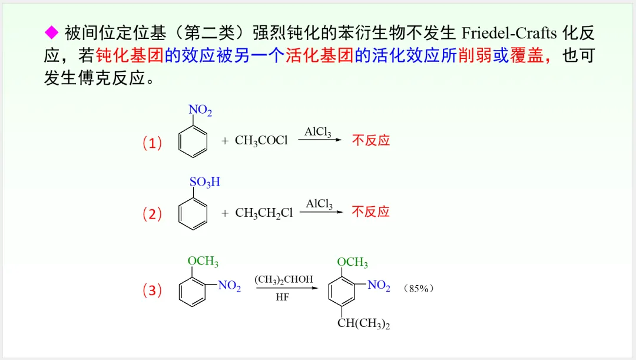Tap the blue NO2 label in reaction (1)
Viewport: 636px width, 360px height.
point(200,110)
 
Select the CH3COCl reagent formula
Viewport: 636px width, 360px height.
point(261,141)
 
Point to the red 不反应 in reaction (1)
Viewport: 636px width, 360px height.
point(371,140)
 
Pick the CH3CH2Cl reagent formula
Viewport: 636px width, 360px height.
point(264,213)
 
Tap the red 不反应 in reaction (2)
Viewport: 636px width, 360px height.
point(371,212)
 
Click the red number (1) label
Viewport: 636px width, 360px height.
point(152,143)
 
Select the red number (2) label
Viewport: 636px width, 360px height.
point(152,214)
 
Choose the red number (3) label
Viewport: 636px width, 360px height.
point(152,290)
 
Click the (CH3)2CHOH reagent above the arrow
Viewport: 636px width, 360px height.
point(284,280)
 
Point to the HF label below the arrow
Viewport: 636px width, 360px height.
point(283,298)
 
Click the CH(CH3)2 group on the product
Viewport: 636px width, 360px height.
point(364,323)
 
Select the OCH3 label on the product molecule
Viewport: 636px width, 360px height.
point(353,262)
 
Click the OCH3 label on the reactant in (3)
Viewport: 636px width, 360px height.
point(203,261)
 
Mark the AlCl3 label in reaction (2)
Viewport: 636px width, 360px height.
point(319,204)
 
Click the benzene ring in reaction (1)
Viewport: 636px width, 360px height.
point(193,143)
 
